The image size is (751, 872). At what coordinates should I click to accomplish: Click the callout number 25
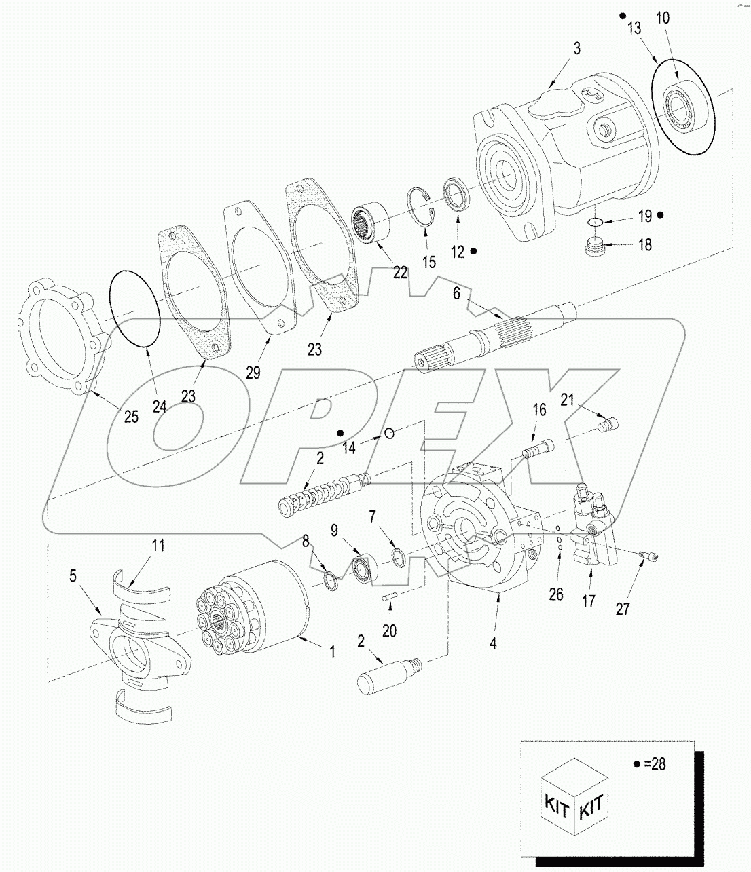[x=131, y=416]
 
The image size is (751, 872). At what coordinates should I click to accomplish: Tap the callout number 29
[x=253, y=372]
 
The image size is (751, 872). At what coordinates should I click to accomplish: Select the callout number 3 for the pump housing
[x=576, y=50]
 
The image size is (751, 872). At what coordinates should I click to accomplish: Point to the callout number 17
[x=589, y=601]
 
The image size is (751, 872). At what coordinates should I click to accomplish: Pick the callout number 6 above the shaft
[x=456, y=293]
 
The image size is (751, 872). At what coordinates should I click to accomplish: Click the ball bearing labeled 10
[x=682, y=110]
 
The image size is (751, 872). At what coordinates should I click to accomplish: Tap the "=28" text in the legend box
[x=655, y=763]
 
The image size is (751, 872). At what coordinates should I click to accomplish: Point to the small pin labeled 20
[x=387, y=598]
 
